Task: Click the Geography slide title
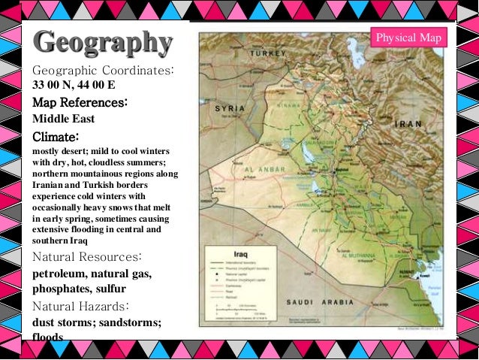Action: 103,43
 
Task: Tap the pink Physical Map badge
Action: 410,38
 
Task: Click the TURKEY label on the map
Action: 270,55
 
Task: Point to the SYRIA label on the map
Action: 230,108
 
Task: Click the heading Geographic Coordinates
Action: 103,70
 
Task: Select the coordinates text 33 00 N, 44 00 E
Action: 74,85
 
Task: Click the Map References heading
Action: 79,102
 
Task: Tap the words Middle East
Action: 65,119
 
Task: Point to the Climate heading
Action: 56,137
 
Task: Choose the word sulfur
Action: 110,289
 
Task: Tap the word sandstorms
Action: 129,323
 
